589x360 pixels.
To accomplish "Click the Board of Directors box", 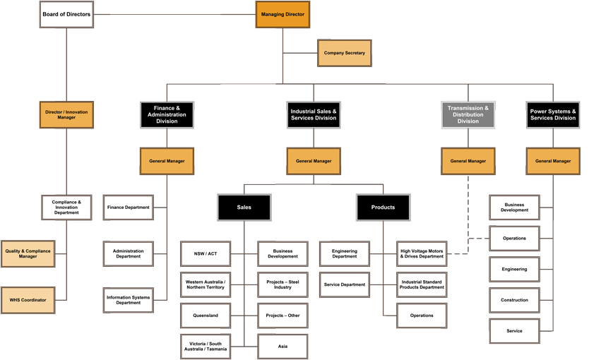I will tap(66, 14).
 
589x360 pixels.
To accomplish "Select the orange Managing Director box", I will tap(282, 14).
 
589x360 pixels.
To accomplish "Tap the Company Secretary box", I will tap(343, 53).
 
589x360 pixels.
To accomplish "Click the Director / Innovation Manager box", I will tap(66, 114).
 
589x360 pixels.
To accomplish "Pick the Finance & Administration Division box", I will tap(167, 115).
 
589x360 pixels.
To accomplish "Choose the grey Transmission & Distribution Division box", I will tap(468, 115).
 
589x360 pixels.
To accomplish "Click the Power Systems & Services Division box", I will tap(553, 114).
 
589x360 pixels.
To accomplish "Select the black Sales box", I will tap(244, 207).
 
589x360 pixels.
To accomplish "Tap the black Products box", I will tap(383, 207).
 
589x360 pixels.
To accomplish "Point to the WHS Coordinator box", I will tap(28, 300).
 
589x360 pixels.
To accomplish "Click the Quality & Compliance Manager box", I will tap(28, 253).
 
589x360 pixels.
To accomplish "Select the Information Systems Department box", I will tap(128, 300).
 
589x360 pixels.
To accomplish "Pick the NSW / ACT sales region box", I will tap(206, 253).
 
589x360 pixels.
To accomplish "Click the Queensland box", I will tap(206, 316).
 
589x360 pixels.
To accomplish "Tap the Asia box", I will tap(282, 347).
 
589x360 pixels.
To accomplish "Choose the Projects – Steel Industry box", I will tap(282, 284).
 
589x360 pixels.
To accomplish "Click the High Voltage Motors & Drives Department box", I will tap(422, 253).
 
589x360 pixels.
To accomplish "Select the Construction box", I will tap(514, 300).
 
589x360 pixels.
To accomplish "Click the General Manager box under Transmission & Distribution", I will tap(468, 161).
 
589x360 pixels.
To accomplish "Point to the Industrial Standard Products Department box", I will tap(422, 284).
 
